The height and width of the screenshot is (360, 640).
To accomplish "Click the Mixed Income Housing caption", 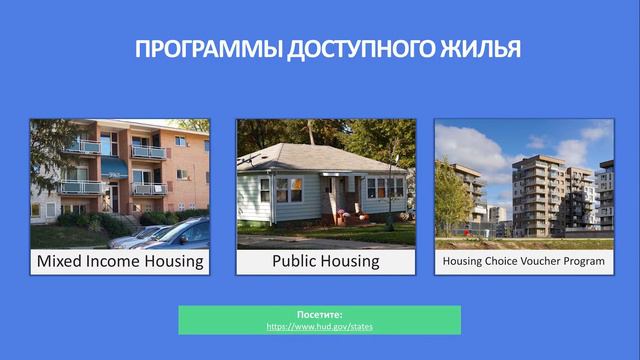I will click(x=120, y=262).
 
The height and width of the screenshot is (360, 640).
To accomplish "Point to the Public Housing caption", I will click(x=326, y=262).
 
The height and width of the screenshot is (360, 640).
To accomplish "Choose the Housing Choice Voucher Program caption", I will click(x=524, y=262).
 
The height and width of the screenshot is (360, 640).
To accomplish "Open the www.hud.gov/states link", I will click(x=320, y=327).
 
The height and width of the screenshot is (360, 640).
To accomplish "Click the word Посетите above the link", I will click(x=320, y=315).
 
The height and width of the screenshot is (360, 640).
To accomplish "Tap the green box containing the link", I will click(x=320, y=320).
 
